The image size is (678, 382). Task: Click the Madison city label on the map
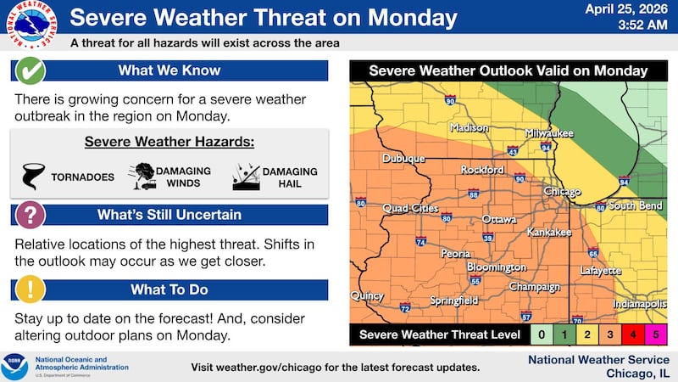click(469, 128)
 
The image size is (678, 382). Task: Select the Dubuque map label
click(403, 158)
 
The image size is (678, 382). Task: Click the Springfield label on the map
click(453, 301)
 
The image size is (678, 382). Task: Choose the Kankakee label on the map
click(551, 232)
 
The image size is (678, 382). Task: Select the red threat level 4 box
click(633, 334)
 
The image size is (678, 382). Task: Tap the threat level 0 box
click(542, 334)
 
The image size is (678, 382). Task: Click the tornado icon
click(33, 176)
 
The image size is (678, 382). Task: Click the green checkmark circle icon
click(31, 70)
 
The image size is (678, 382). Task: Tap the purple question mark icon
click(31, 215)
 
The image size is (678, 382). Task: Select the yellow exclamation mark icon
click(31, 289)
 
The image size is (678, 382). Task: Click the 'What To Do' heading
click(169, 289)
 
